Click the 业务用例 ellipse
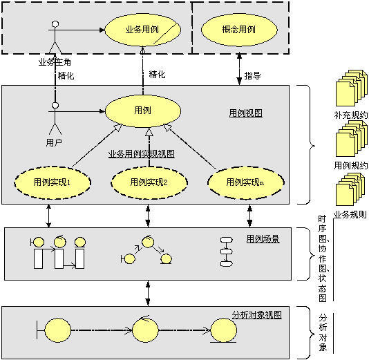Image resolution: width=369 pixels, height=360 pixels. tap(142, 30)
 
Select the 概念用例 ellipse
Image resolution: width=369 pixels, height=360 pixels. tap(237, 30)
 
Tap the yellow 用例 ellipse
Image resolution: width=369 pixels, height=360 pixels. tap(143, 111)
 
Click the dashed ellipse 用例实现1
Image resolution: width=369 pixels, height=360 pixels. tap(53, 182)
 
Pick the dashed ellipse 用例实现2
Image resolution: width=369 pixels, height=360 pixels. tap(149, 182)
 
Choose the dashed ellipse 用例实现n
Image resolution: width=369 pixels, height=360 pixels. tap(245, 182)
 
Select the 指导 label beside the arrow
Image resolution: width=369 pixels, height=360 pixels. tap(253, 74)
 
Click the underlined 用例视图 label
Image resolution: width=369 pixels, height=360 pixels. tap(245, 112)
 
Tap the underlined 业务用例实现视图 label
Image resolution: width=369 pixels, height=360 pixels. tap(141, 153)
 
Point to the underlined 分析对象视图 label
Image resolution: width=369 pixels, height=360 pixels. tap(256, 314)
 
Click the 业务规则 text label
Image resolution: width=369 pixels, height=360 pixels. tap(350, 214)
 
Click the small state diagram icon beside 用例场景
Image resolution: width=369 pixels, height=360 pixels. tap(226, 252)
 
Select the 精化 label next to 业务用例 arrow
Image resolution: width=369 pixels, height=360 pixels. tap(157, 74)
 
